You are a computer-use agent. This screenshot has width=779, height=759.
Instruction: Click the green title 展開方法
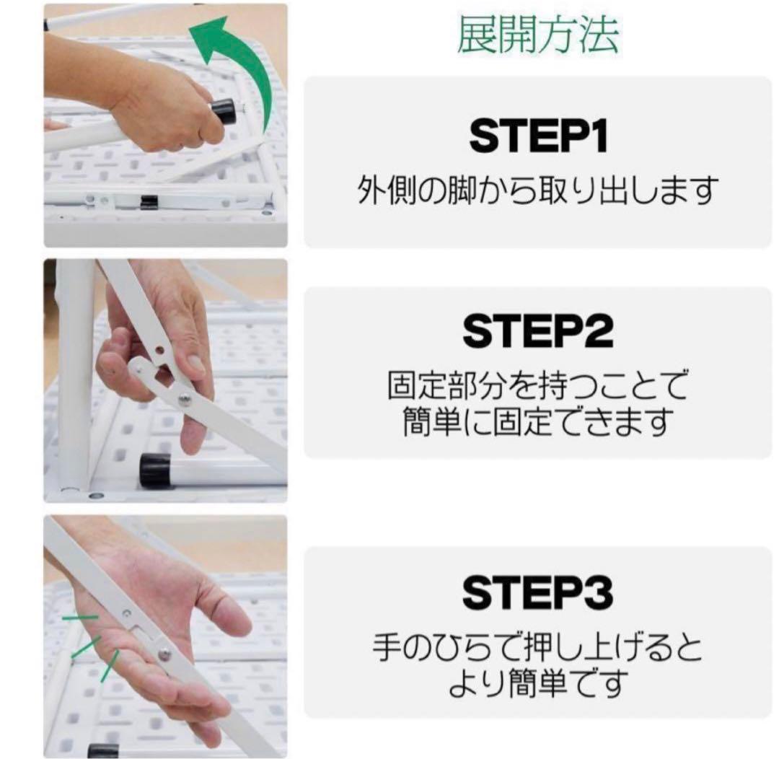click(x=537, y=34)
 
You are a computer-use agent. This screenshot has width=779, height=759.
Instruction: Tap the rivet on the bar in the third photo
click(x=165, y=654)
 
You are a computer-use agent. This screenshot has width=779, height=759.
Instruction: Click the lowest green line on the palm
click(x=110, y=664)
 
